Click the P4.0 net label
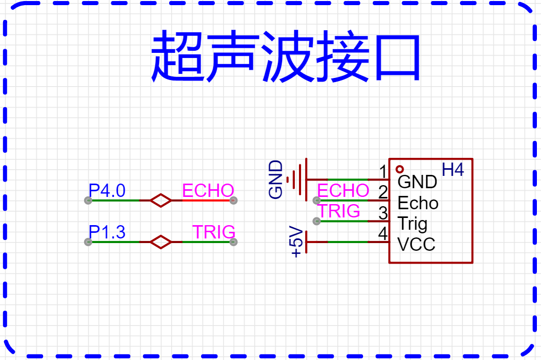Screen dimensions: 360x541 [107, 191]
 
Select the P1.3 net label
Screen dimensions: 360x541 [107, 232]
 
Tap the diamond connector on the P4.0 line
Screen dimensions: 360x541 [161, 200]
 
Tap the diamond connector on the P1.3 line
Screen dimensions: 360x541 [161, 242]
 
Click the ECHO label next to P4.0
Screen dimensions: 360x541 [208, 191]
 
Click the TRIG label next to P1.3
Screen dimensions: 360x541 [214, 232]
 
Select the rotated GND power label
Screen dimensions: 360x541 [276, 179]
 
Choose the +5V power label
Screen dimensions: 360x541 [296, 242]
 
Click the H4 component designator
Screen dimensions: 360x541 [453, 170]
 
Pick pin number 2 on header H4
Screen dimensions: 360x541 [383, 192]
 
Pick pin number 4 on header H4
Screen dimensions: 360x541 [383, 234]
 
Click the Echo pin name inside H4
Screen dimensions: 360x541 [418, 203]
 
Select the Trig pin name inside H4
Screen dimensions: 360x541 [412, 224]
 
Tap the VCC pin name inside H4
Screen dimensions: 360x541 [416, 245]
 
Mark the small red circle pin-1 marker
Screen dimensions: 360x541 [399, 169]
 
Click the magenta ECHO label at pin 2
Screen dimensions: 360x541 [343, 191]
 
